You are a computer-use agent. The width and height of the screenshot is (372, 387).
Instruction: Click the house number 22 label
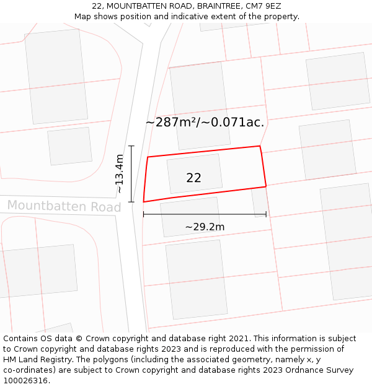click(x=193, y=178)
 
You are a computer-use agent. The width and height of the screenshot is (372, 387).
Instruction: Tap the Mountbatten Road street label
click(x=64, y=206)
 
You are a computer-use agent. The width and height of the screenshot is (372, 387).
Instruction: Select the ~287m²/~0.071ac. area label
click(x=205, y=123)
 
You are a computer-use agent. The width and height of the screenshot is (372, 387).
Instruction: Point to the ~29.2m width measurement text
click(x=205, y=227)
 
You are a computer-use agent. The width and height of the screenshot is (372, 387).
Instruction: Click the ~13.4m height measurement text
click(x=120, y=174)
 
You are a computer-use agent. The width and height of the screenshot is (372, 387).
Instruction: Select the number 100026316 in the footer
click(x=28, y=380)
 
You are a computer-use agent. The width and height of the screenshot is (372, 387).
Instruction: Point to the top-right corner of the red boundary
click(x=259, y=146)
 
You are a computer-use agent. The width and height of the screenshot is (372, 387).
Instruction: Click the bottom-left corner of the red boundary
click(x=144, y=201)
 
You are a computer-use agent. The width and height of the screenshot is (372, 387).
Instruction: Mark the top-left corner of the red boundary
click(x=148, y=157)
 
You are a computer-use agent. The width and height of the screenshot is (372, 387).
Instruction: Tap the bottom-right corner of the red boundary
click(x=266, y=186)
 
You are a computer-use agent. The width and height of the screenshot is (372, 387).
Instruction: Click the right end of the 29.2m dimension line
click(x=266, y=214)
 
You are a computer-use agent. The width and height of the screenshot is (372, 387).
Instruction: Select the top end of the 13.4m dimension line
click(x=131, y=146)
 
